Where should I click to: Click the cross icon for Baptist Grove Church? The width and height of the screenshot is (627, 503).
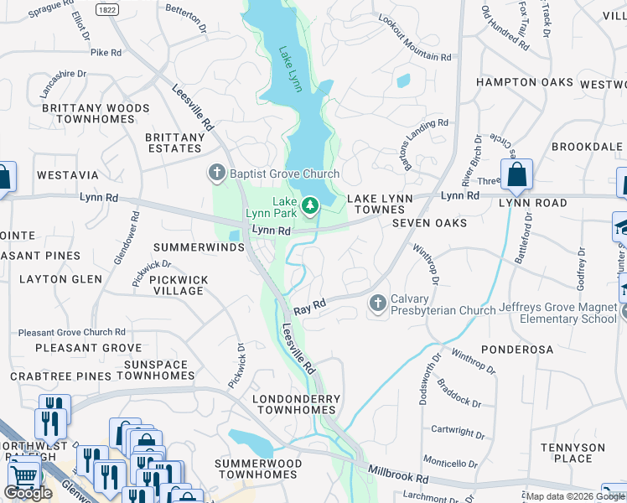[x=216, y=174]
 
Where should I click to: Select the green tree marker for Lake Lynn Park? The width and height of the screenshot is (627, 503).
[x=310, y=204]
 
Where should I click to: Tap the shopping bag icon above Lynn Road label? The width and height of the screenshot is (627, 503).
[x=517, y=175]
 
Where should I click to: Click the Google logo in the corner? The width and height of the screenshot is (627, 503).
[x=28, y=492]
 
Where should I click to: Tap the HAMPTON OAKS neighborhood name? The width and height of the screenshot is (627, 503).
[x=524, y=82]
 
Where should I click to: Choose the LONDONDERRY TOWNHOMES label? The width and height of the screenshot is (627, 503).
[x=298, y=405]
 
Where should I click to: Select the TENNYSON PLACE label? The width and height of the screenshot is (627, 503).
[x=573, y=453]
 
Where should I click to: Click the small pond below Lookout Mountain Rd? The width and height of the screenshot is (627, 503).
[x=403, y=81]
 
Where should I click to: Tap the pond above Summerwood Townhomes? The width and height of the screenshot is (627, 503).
[x=251, y=440]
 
